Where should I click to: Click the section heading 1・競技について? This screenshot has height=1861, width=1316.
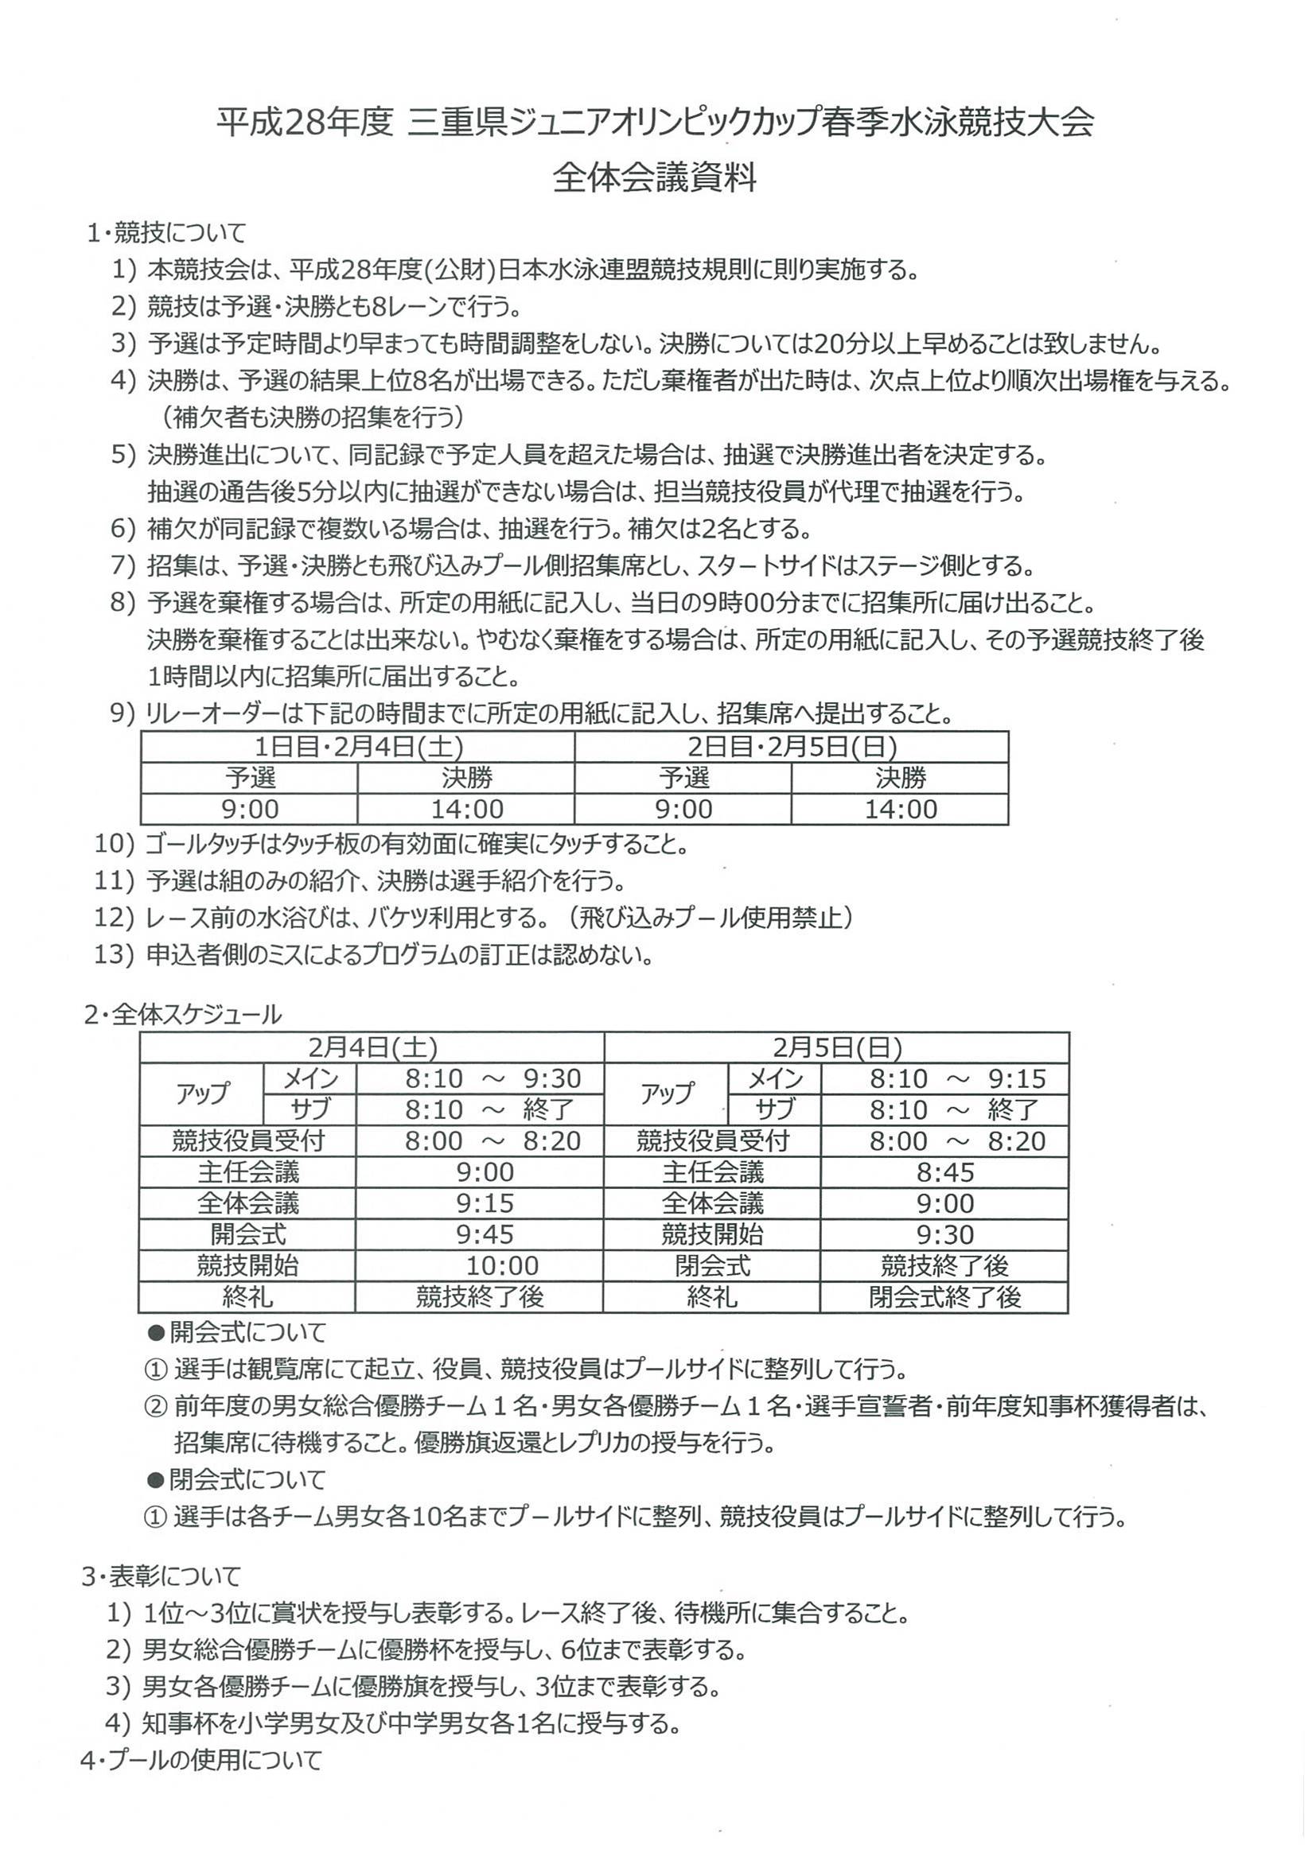tap(166, 234)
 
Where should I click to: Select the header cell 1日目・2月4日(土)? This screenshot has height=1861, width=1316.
tap(357, 747)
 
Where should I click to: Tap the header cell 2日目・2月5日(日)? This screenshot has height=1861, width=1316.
tap(792, 747)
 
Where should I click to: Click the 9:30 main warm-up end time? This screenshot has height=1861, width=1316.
tap(552, 1078)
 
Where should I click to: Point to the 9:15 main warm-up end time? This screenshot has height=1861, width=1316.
tap(1017, 1078)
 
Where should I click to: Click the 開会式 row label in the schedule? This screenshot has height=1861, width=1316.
tap(248, 1234)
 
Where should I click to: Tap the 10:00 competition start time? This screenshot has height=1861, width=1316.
tap(502, 1265)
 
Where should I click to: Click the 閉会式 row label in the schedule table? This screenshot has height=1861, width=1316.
tap(713, 1265)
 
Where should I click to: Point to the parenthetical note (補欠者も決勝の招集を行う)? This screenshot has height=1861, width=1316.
tap(313, 418)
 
